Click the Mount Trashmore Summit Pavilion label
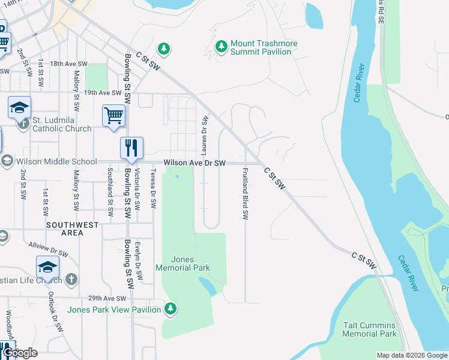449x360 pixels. tap(261, 48)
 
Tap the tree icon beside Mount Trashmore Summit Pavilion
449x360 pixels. tap(221, 46)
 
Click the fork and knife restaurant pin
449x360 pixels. tap(131, 148)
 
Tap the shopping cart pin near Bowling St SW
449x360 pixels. tap(113, 115)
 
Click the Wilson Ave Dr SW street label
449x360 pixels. tap(195, 163)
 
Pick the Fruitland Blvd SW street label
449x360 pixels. tap(245, 193)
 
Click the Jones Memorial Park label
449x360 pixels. tap(183, 263)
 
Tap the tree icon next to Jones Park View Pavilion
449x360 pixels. tap(171, 308)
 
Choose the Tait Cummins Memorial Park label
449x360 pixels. tap(370, 329)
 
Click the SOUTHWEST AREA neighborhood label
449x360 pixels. tap(71, 229)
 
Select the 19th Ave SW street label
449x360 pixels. tap(103, 93)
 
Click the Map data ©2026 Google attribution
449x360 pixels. tap(411, 355)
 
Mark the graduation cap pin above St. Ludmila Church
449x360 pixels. tap(19, 108)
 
